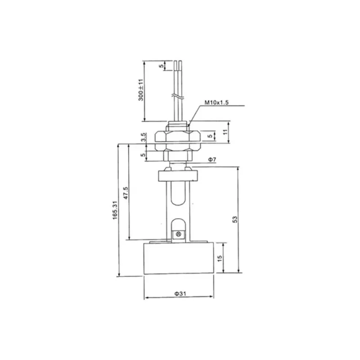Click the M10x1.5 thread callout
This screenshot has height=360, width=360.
coord(216,103)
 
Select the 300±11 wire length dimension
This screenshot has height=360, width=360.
coord(141,90)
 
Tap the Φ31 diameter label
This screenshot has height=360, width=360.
coord(180,293)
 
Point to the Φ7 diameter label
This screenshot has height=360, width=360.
coord(212,159)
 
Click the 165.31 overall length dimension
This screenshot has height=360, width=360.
coord(115,210)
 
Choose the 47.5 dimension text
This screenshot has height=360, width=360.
coord(126,193)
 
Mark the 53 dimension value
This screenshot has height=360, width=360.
coord(235,220)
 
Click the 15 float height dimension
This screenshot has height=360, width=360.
coord(220,258)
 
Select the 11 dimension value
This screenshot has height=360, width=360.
coord(225,132)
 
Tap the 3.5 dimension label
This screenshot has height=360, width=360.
coord(143,137)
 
